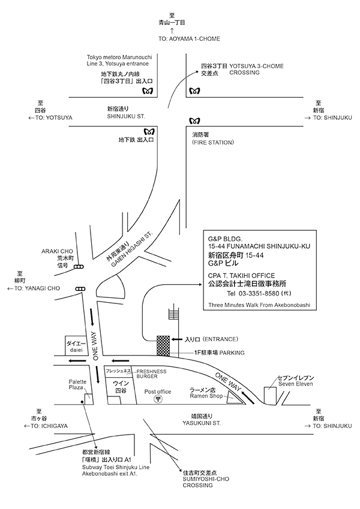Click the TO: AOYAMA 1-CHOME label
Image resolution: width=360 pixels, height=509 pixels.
[x=189, y=38]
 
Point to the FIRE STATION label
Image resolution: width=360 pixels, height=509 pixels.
[x=214, y=143]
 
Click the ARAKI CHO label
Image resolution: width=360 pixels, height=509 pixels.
[x=56, y=251]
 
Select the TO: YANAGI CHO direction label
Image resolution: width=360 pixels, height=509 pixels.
[x=33, y=288]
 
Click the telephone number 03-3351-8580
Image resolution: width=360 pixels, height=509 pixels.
[x=259, y=294]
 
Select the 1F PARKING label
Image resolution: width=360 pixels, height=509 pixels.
[x=218, y=353]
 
